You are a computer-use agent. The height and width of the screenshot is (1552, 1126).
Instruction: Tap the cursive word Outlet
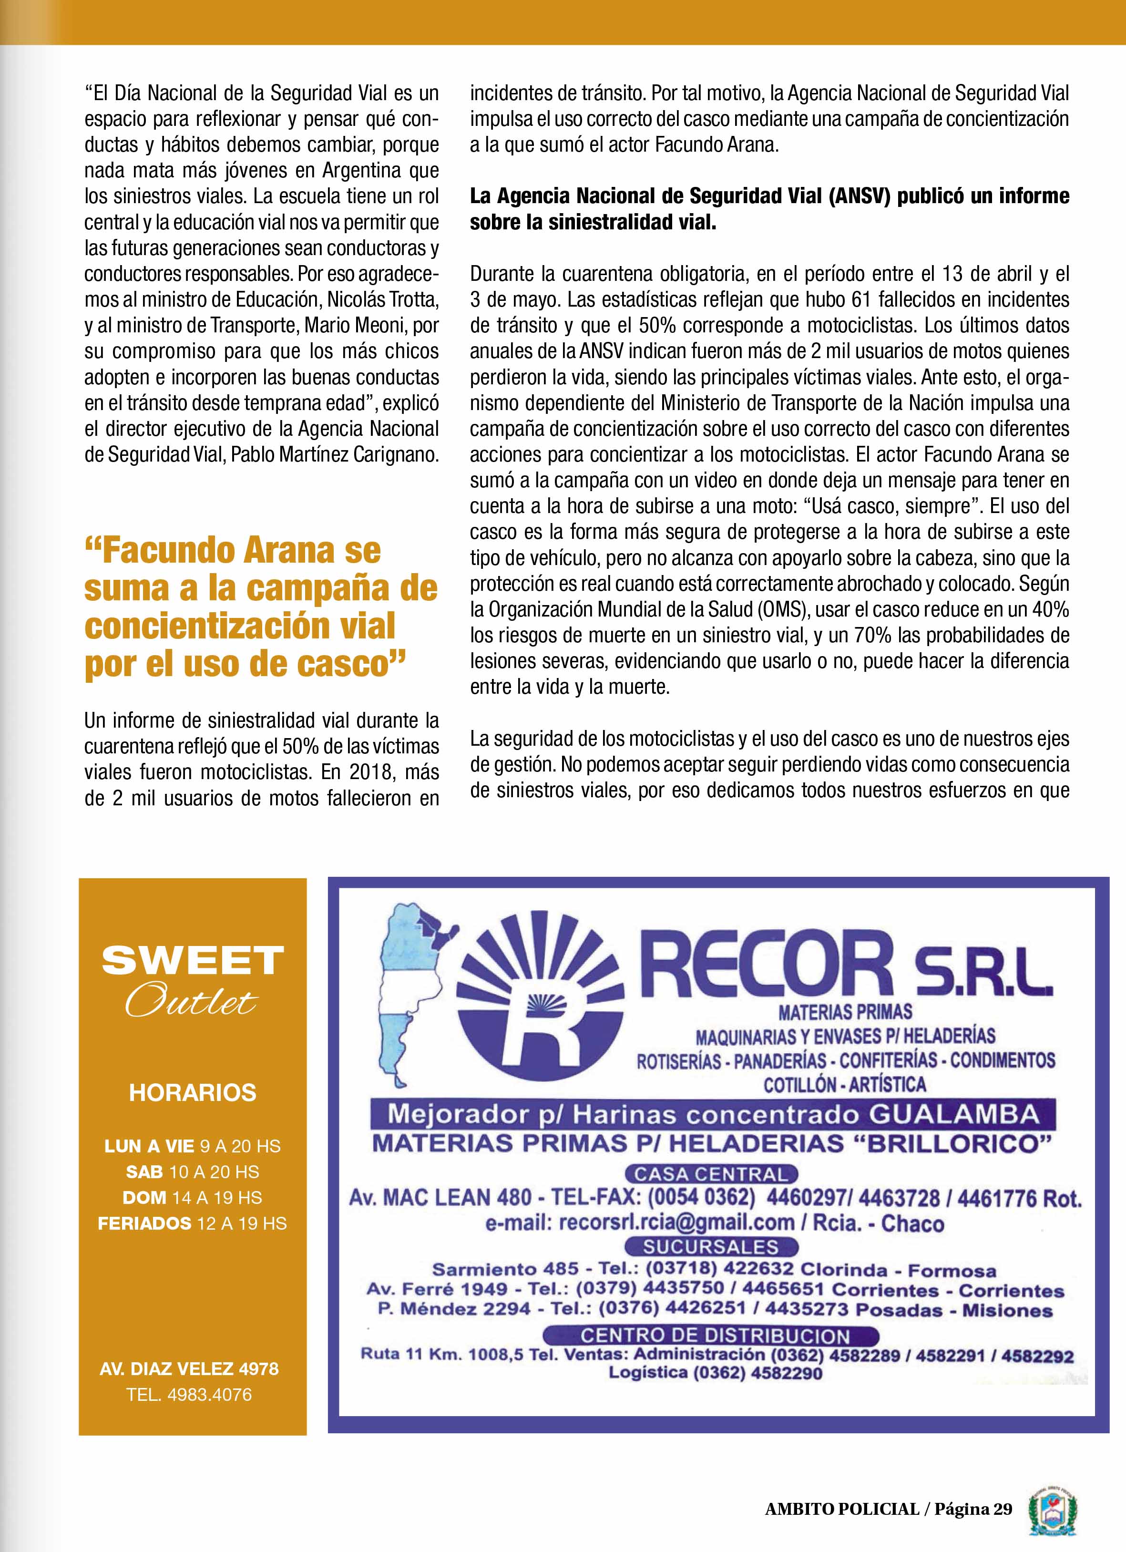tap(192, 1003)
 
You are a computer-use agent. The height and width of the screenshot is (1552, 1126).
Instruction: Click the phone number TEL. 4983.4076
tap(189, 1395)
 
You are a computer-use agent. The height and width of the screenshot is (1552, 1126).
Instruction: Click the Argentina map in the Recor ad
tap(410, 986)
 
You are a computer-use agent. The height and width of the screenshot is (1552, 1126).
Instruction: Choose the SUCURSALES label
tap(711, 1247)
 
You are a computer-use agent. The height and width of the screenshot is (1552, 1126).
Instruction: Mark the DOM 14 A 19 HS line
tap(192, 1198)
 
